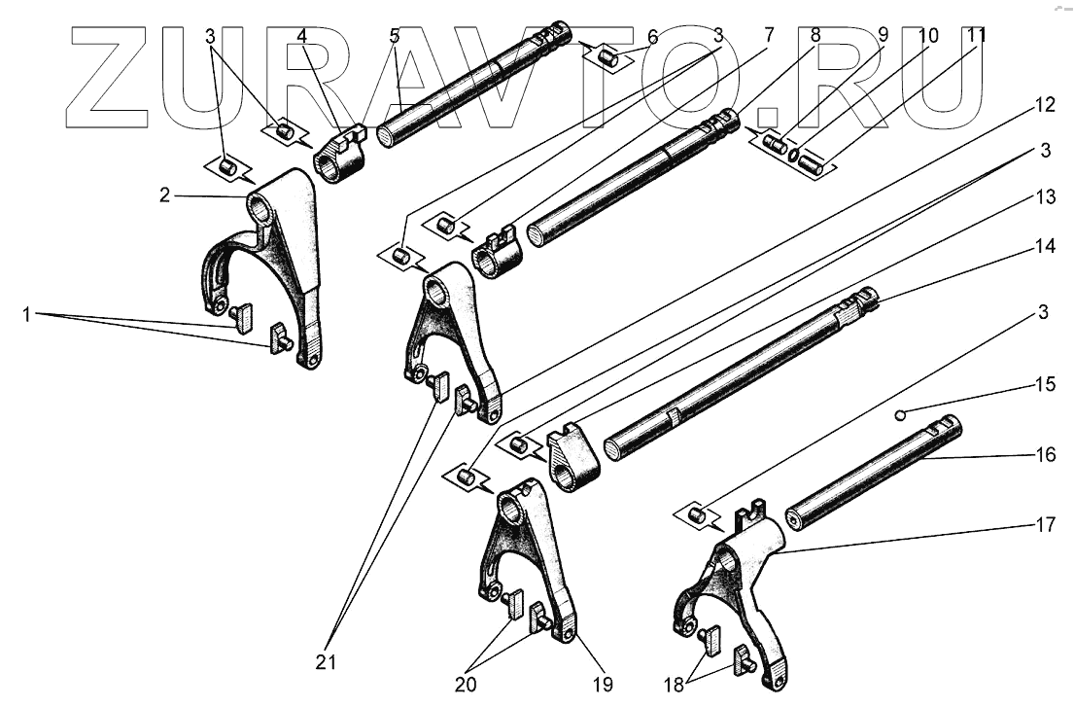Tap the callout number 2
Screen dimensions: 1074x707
click(165, 194)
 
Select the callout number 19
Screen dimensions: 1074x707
click(604, 685)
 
